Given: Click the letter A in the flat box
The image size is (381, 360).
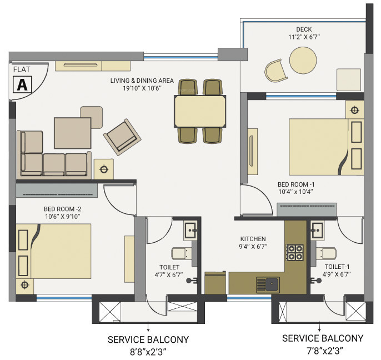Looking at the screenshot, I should (22, 85).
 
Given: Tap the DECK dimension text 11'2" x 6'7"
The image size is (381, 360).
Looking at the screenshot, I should (304, 37).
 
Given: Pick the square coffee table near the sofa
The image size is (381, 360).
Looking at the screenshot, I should (72, 133).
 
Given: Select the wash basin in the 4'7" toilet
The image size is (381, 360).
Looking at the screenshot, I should (190, 229).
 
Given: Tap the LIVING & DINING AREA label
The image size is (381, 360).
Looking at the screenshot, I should (142, 81).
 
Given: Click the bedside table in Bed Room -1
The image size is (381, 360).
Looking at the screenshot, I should (354, 110).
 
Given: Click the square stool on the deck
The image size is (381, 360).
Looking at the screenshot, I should (348, 78).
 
